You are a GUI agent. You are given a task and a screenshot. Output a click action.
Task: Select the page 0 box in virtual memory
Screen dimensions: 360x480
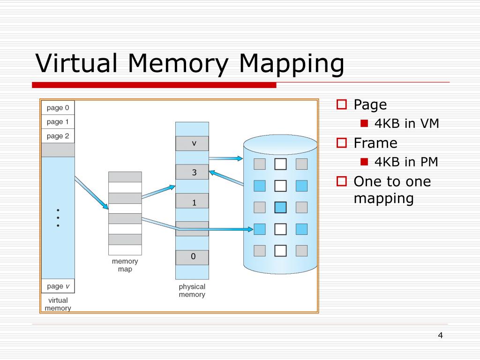tap(58, 108)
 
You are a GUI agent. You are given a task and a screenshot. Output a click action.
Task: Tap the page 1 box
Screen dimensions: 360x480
tap(58, 122)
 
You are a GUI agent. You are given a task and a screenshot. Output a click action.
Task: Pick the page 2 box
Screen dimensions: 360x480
tap(58, 136)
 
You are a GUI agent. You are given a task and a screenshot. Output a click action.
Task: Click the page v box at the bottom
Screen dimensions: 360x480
tap(58, 286)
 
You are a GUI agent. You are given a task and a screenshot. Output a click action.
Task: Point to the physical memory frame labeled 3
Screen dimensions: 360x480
tap(192, 172)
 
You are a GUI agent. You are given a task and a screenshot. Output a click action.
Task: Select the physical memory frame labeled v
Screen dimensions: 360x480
tap(192, 143)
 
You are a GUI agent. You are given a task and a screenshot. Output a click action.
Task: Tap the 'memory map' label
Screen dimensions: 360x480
tap(125, 265)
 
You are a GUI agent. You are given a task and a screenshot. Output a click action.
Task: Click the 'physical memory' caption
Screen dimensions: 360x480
tap(192, 291)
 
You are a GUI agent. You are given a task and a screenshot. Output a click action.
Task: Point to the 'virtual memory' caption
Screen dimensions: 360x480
tap(58, 304)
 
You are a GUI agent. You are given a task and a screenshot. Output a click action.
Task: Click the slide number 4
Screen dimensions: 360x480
tap(440, 335)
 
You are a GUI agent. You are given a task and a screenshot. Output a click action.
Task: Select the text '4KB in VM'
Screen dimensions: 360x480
tap(406, 124)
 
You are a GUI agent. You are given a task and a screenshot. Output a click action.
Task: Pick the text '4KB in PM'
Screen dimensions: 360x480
tap(406, 162)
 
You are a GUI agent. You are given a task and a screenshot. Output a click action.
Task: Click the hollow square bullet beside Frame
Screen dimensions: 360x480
tap(342, 142)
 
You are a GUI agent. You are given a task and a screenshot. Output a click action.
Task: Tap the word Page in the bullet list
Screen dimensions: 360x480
tap(370, 105)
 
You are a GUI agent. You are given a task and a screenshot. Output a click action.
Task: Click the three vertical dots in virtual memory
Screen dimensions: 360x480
tap(58, 217)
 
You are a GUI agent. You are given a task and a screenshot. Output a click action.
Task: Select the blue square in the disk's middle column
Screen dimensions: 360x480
tap(280, 207)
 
